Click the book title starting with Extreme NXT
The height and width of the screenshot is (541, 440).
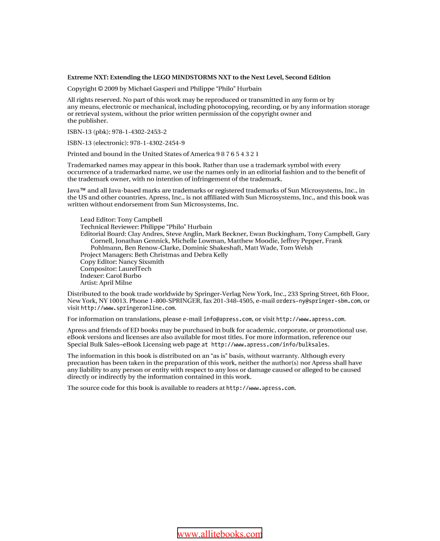pos(198,77)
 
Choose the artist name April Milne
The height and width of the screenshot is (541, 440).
pos(115,283)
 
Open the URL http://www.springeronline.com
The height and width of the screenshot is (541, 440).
pos(128,308)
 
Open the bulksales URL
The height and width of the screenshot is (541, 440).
pos(270,344)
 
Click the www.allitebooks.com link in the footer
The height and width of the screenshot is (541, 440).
pos(219,534)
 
